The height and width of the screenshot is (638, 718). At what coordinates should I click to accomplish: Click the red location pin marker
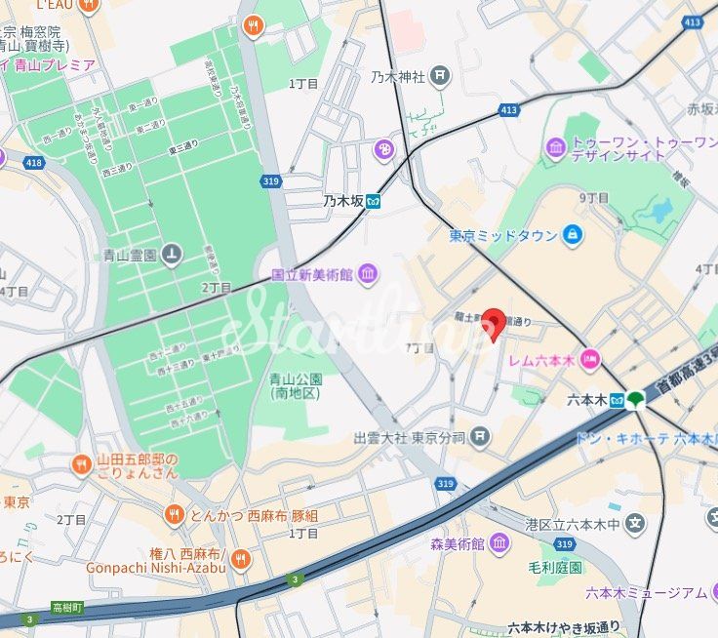[x=495, y=323]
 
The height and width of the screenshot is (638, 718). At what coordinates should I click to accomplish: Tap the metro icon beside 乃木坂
[x=374, y=202]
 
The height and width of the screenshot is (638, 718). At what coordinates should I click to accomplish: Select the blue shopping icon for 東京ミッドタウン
[x=572, y=235]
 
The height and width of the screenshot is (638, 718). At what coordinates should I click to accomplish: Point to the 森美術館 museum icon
[x=499, y=543]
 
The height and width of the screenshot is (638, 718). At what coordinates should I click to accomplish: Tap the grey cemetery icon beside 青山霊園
[x=172, y=256]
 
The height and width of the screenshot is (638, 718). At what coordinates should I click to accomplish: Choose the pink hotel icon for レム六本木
[x=590, y=360]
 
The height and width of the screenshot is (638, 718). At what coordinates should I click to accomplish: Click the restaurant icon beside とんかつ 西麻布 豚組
[x=174, y=514]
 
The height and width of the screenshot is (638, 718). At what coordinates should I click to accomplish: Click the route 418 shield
[x=34, y=162]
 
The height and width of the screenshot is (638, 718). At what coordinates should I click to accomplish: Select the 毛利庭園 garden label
[x=555, y=567]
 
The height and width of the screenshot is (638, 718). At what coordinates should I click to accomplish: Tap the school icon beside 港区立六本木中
[x=636, y=524]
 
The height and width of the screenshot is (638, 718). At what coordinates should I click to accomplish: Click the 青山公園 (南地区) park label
[x=296, y=386]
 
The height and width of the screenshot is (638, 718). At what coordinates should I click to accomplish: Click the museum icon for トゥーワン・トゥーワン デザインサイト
[x=556, y=147]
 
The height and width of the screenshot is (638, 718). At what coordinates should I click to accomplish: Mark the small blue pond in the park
[x=662, y=210]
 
